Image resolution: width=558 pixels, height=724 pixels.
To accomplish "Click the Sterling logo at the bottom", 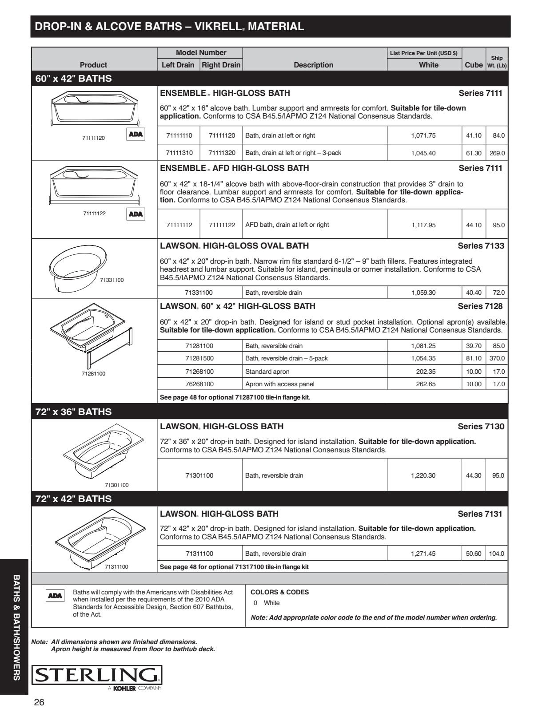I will click(x=96, y=675).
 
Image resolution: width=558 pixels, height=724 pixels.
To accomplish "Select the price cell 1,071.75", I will click(x=423, y=135).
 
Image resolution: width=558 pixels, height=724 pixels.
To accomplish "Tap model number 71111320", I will click(x=222, y=153).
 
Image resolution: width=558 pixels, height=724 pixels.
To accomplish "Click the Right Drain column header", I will click(x=221, y=65).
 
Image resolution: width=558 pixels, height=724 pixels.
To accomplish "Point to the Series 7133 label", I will click(x=481, y=245).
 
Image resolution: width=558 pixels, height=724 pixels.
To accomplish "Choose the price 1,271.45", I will click(x=423, y=554).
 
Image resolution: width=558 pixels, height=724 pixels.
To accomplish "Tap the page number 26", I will click(x=39, y=702).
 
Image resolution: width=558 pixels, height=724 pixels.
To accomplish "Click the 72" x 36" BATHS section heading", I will click(x=73, y=411).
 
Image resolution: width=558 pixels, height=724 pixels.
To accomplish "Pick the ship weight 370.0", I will click(x=497, y=358).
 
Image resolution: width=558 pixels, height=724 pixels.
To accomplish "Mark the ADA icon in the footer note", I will click(x=55, y=596).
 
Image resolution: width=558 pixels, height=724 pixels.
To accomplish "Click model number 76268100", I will click(x=199, y=384).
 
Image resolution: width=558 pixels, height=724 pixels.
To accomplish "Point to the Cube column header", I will click(x=474, y=65).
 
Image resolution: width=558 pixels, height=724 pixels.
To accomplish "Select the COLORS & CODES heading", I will click(x=279, y=592).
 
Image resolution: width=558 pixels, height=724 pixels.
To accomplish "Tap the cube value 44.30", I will click(x=474, y=475).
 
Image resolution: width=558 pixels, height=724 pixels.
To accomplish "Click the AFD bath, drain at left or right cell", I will click(x=287, y=225).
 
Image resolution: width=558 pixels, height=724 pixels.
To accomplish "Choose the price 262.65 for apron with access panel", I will click(x=426, y=384).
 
